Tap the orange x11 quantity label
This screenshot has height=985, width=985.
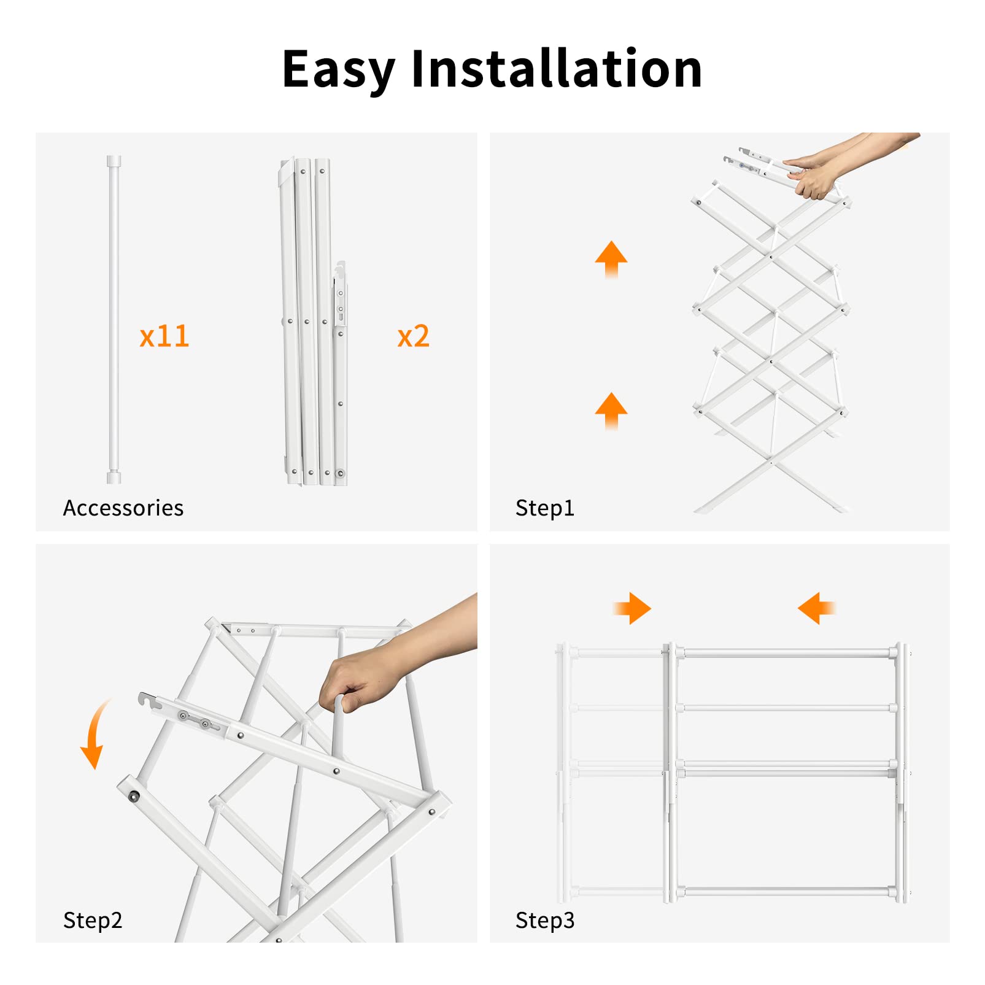pos(164,336)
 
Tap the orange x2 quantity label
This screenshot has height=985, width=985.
pos(413,336)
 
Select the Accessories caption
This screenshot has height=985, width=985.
pos(123,508)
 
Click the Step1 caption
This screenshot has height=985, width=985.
pos(544,508)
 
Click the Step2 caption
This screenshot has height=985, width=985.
pos(93,920)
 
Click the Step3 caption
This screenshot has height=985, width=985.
pos(544,920)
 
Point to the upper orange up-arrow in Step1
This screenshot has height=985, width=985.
pos(611,258)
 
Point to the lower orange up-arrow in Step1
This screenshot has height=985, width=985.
pos(611,410)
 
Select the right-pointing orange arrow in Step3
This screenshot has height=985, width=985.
pos(633,608)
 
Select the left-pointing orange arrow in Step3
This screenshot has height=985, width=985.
pos(816,608)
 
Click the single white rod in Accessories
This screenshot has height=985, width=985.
pos(114,319)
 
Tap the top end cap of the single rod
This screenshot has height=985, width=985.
pos(114,161)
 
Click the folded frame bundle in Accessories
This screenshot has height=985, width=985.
pos(313,322)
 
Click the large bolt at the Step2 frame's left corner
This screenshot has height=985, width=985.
pos(133,797)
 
